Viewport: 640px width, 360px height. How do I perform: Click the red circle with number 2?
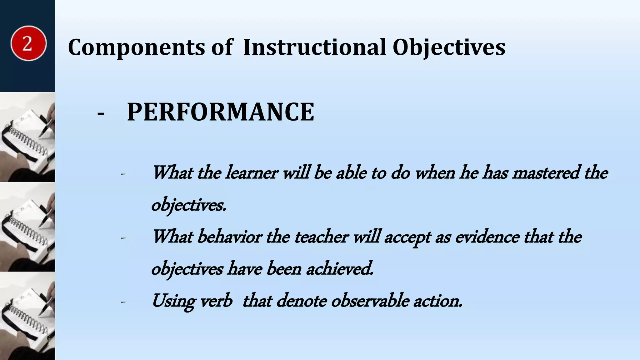28,43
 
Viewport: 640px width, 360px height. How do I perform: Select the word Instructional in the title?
314,47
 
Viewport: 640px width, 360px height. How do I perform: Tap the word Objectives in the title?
449,47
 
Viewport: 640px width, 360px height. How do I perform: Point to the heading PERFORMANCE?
221,112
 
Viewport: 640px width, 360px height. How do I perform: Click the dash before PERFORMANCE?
101,113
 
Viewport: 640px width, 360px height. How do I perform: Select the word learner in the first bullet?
252,172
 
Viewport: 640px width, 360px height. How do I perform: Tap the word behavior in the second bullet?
229,237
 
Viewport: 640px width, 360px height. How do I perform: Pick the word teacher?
321,237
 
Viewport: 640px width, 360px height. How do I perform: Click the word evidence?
487,237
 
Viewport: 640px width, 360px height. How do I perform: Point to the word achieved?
340,269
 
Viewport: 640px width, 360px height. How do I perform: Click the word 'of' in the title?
222,47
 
